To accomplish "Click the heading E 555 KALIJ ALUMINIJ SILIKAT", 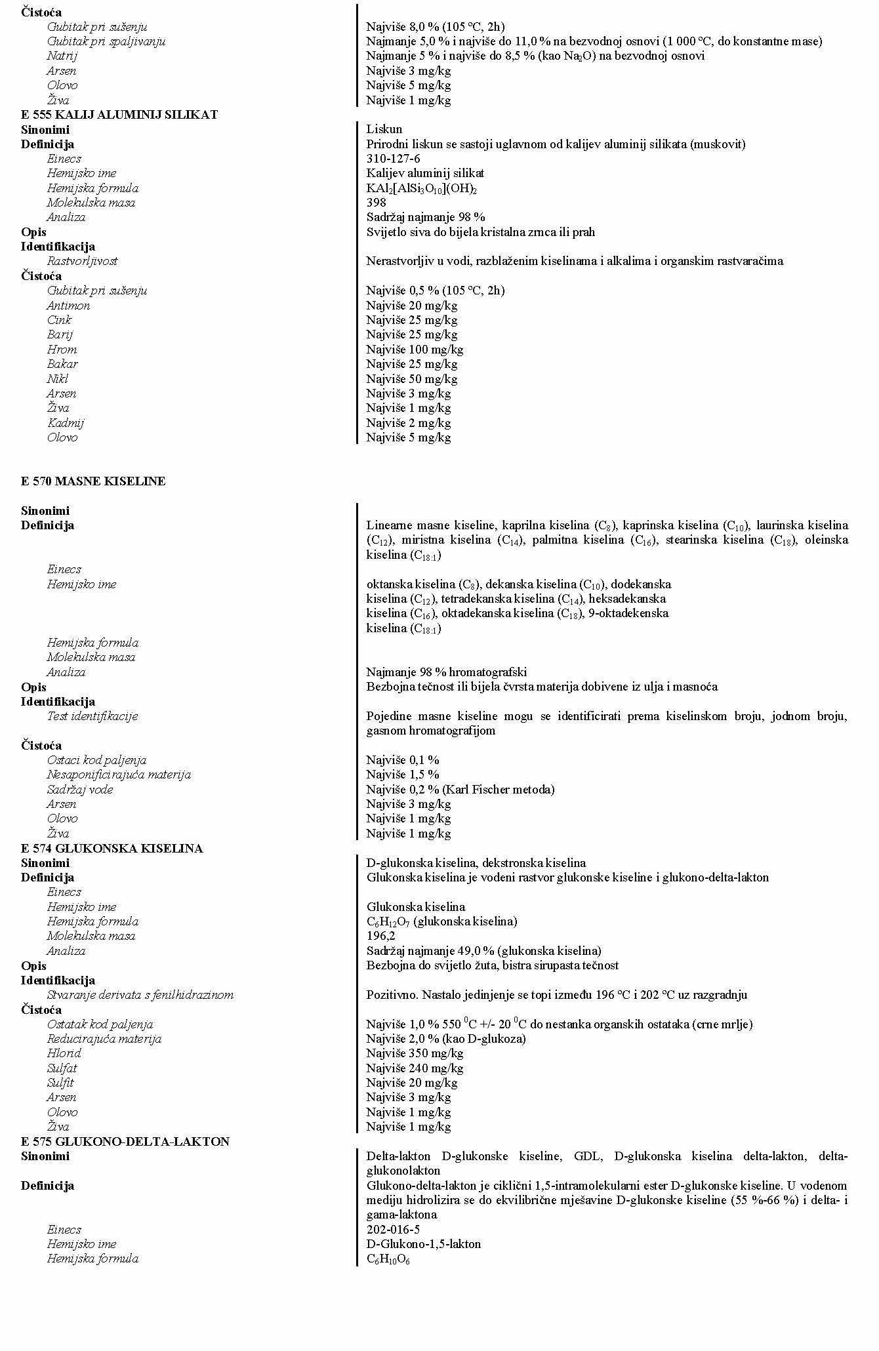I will (x=119, y=115).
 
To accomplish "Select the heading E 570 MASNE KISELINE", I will (x=93, y=481).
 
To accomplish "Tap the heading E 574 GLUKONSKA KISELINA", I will (x=112, y=849).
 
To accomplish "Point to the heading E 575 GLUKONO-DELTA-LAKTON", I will (x=125, y=1142).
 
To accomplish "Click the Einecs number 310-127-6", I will (x=393, y=159).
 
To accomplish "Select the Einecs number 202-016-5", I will (x=393, y=1230).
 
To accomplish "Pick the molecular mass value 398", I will (x=376, y=203).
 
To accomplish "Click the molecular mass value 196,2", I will (x=380, y=936).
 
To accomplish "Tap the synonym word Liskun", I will (x=384, y=129).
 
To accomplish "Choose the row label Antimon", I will (x=68, y=306).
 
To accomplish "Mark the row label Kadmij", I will (x=65, y=423).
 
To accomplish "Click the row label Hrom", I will (x=62, y=350).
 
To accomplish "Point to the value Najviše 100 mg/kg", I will (x=415, y=350).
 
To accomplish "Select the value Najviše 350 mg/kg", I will (x=415, y=1053).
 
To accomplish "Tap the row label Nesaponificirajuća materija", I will (x=119, y=775).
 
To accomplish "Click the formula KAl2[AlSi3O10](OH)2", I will (x=421, y=188).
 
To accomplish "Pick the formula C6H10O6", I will (x=388, y=1259).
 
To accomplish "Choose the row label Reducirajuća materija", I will (x=104, y=1039).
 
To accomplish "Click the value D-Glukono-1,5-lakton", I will (x=423, y=1244).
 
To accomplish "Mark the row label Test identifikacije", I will (x=92, y=716).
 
